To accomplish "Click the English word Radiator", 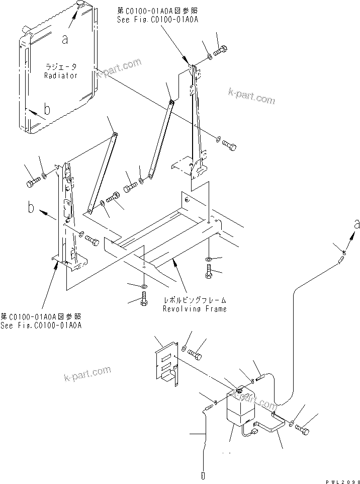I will tap(61, 75).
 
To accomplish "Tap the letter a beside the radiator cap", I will tap(64, 39).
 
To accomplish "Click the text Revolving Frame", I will tap(194, 308).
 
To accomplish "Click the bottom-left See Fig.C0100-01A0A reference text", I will tap(41, 325).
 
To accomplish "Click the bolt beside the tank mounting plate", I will tap(196, 355).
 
